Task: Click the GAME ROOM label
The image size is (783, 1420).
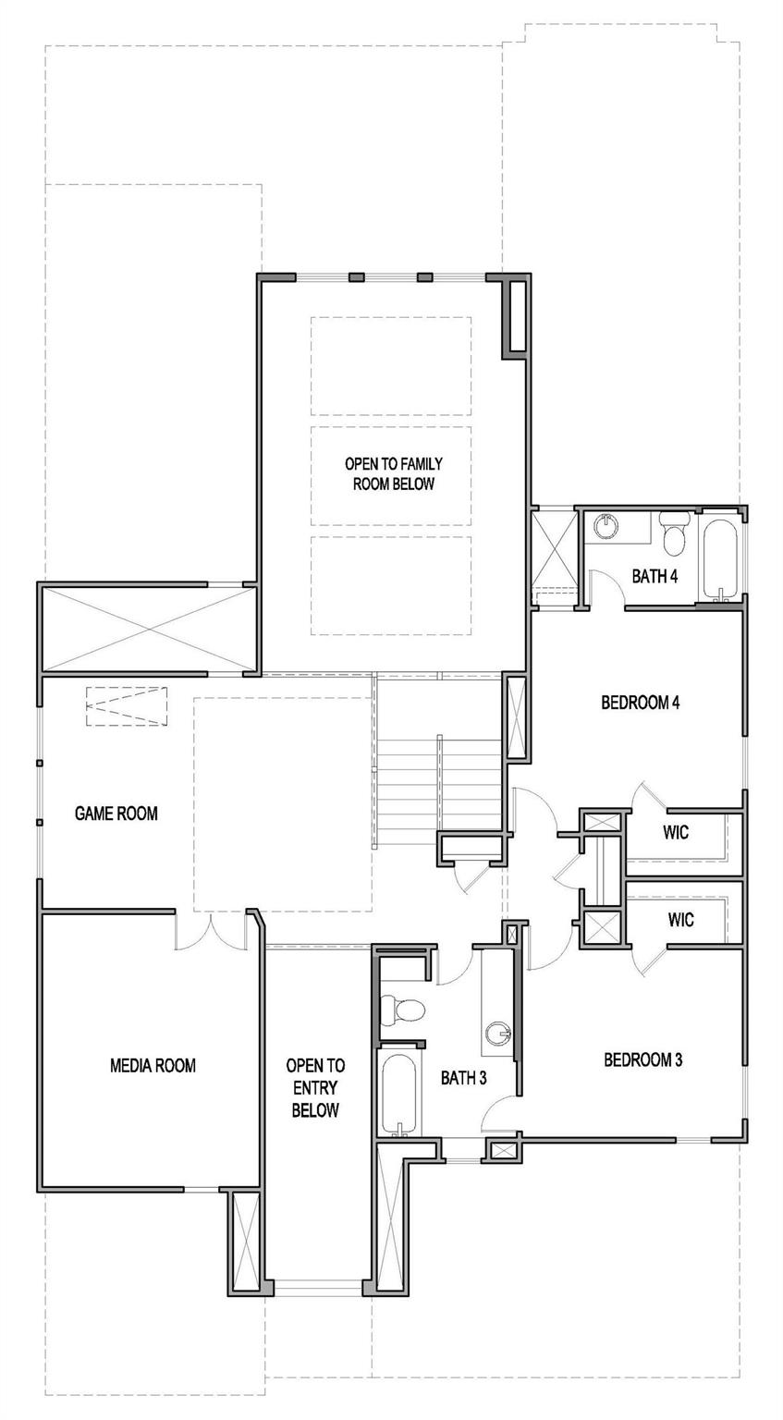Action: (x=116, y=814)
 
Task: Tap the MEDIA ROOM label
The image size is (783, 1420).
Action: (x=153, y=1065)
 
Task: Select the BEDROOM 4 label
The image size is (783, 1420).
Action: (x=641, y=703)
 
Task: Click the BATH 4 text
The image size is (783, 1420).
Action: (x=655, y=576)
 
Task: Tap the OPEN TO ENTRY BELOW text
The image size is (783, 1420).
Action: (x=314, y=1087)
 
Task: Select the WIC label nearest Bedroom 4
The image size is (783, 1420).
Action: (x=676, y=832)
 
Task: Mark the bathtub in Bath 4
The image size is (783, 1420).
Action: (x=719, y=559)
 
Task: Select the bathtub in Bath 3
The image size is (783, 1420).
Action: (x=399, y=1092)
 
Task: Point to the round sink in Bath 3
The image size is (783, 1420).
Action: (x=500, y=1032)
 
